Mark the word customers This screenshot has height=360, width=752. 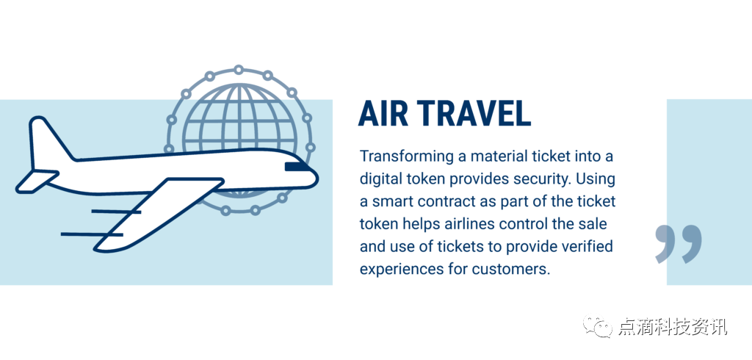coord(510,269)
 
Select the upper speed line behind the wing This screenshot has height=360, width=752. coord(115,211)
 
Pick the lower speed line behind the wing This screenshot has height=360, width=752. coord(92,234)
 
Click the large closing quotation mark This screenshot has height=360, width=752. coord(678,243)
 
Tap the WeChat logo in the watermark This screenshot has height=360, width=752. coord(598,326)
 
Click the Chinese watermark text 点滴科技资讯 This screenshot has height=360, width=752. coord(673,327)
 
